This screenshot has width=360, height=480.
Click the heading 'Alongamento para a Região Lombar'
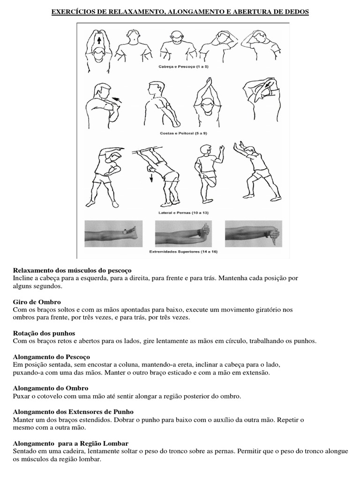pyautogui.click(x=71, y=443)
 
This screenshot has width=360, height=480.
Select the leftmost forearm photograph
pyautogui.click(x=111, y=232)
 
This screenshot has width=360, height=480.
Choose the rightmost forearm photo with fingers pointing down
pyautogui.click(x=253, y=232)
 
